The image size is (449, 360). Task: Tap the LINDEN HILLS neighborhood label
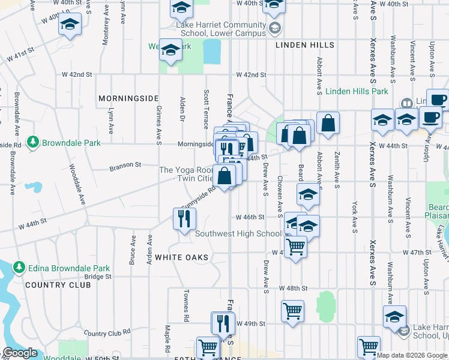[305, 45]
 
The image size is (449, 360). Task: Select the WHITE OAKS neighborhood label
[181, 257]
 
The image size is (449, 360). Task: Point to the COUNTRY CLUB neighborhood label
[58, 284]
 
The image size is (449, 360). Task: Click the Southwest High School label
[238, 233]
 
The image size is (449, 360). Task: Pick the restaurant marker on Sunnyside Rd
[184, 218]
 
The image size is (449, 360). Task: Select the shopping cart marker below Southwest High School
[295, 246]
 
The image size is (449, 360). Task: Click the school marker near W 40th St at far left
[70, 26]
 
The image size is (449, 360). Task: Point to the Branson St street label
[125, 165]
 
